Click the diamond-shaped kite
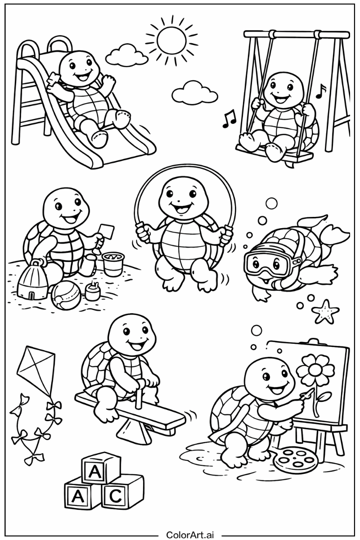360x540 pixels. [x=36, y=368]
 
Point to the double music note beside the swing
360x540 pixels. [x=229, y=119]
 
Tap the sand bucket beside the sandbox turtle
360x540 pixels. [x=112, y=264]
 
